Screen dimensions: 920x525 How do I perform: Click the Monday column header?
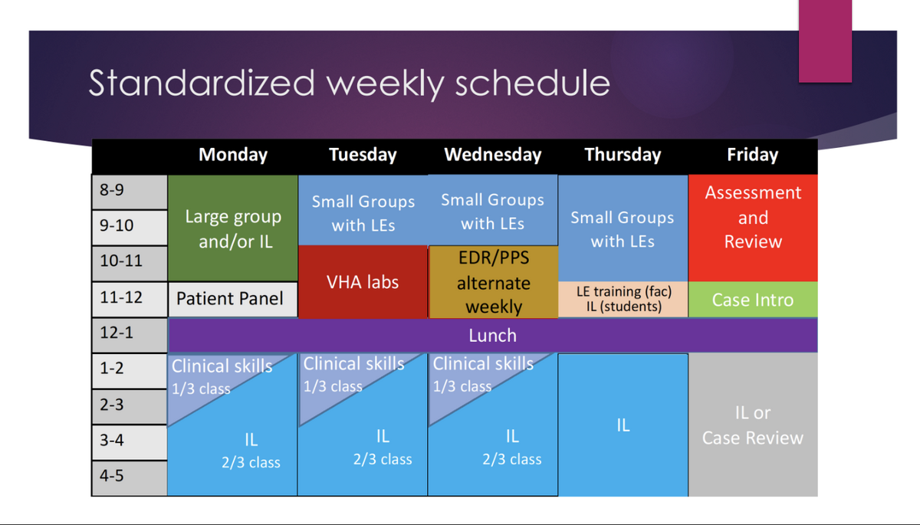[x=233, y=155]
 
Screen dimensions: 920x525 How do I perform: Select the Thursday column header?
[x=623, y=155]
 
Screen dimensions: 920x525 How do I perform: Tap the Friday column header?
[x=752, y=155]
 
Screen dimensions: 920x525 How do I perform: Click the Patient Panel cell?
[x=233, y=299]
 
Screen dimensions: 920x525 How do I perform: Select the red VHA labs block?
[x=363, y=281]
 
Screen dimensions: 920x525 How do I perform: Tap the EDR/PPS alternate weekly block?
[x=493, y=281]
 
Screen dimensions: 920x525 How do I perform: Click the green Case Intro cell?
[x=753, y=299]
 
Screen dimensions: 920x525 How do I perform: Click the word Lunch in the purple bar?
[x=492, y=336]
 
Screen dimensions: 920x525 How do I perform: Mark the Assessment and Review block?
[x=753, y=228]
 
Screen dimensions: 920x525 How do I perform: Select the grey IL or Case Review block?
[x=753, y=425]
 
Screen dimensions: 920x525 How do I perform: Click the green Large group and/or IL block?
[x=233, y=228]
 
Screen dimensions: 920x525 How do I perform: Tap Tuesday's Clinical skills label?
[x=353, y=364]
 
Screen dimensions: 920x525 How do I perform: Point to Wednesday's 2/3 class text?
[x=512, y=459]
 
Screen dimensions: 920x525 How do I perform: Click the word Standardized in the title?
[x=202, y=83]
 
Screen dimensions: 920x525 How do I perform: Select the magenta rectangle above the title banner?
[x=825, y=41]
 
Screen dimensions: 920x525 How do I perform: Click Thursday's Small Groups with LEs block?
[x=623, y=228]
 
